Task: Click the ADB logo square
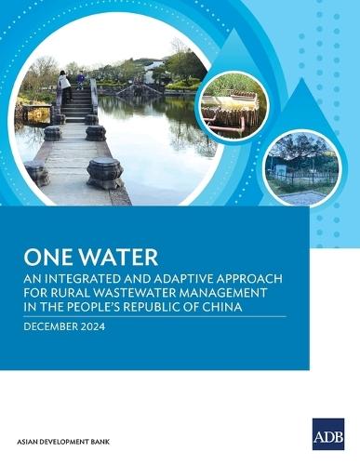click(327, 433)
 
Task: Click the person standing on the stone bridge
click(64, 86)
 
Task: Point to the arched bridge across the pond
click(145, 90)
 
